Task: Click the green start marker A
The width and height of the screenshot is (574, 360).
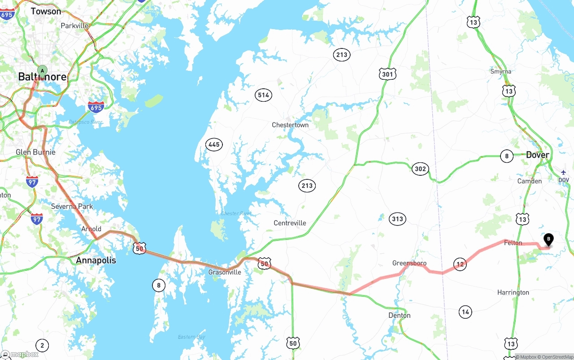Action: pyautogui.click(x=42, y=71)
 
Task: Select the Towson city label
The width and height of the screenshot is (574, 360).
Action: pyautogui.click(x=46, y=11)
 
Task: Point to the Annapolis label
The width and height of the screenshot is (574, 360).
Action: pyautogui.click(x=96, y=260)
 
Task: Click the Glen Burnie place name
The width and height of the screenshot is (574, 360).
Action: pyautogui.click(x=35, y=152)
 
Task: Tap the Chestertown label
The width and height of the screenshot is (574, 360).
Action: pyautogui.click(x=290, y=125)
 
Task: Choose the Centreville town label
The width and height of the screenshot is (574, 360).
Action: pyautogui.click(x=290, y=223)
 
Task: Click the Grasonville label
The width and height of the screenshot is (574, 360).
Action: pyautogui.click(x=225, y=272)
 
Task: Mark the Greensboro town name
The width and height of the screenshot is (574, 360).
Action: pyautogui.click(x=409, y=263)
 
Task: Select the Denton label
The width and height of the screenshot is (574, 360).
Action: pyautogui.click(x=399, y=315)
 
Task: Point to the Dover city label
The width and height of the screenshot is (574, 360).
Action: pyautogui.click(x=537, y=155)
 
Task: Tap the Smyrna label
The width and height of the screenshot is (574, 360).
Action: pyautogui.click(x=500, y=71)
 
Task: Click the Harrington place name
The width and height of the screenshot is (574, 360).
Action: pyautogui.click(x=513, y=292)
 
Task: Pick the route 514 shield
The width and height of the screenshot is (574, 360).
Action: pyautogui.click(x=263, y=95)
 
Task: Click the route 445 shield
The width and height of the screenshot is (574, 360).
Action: pyautogui.click(x=214, y=144)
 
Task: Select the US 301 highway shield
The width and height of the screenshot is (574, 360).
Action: pyautogui.click(x=387, y=74)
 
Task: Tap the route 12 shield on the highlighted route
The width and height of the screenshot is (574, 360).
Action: pyautogui.click(x=460, y=265)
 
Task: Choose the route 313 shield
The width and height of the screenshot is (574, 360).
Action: pyautogui.click(x=397, y=219)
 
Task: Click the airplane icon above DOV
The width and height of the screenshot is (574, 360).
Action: pyautogui.click(x=563, y=172)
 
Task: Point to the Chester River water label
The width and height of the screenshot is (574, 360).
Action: pyautogui.click(x=236, y=213)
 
